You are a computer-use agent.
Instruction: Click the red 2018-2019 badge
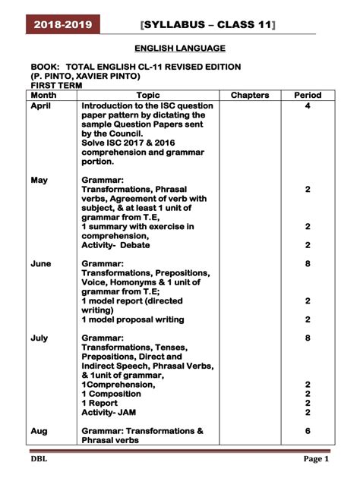[x=62, y=25]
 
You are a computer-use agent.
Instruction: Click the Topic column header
[x=148, y=96]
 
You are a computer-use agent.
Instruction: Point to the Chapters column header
[x=249, y=96]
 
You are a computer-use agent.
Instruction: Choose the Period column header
[x=308, y=96]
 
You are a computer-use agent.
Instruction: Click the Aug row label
[x=39, y=431]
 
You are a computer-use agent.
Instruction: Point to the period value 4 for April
[x=308, y=107]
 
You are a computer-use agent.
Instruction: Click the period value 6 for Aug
[x=308, y=431]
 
